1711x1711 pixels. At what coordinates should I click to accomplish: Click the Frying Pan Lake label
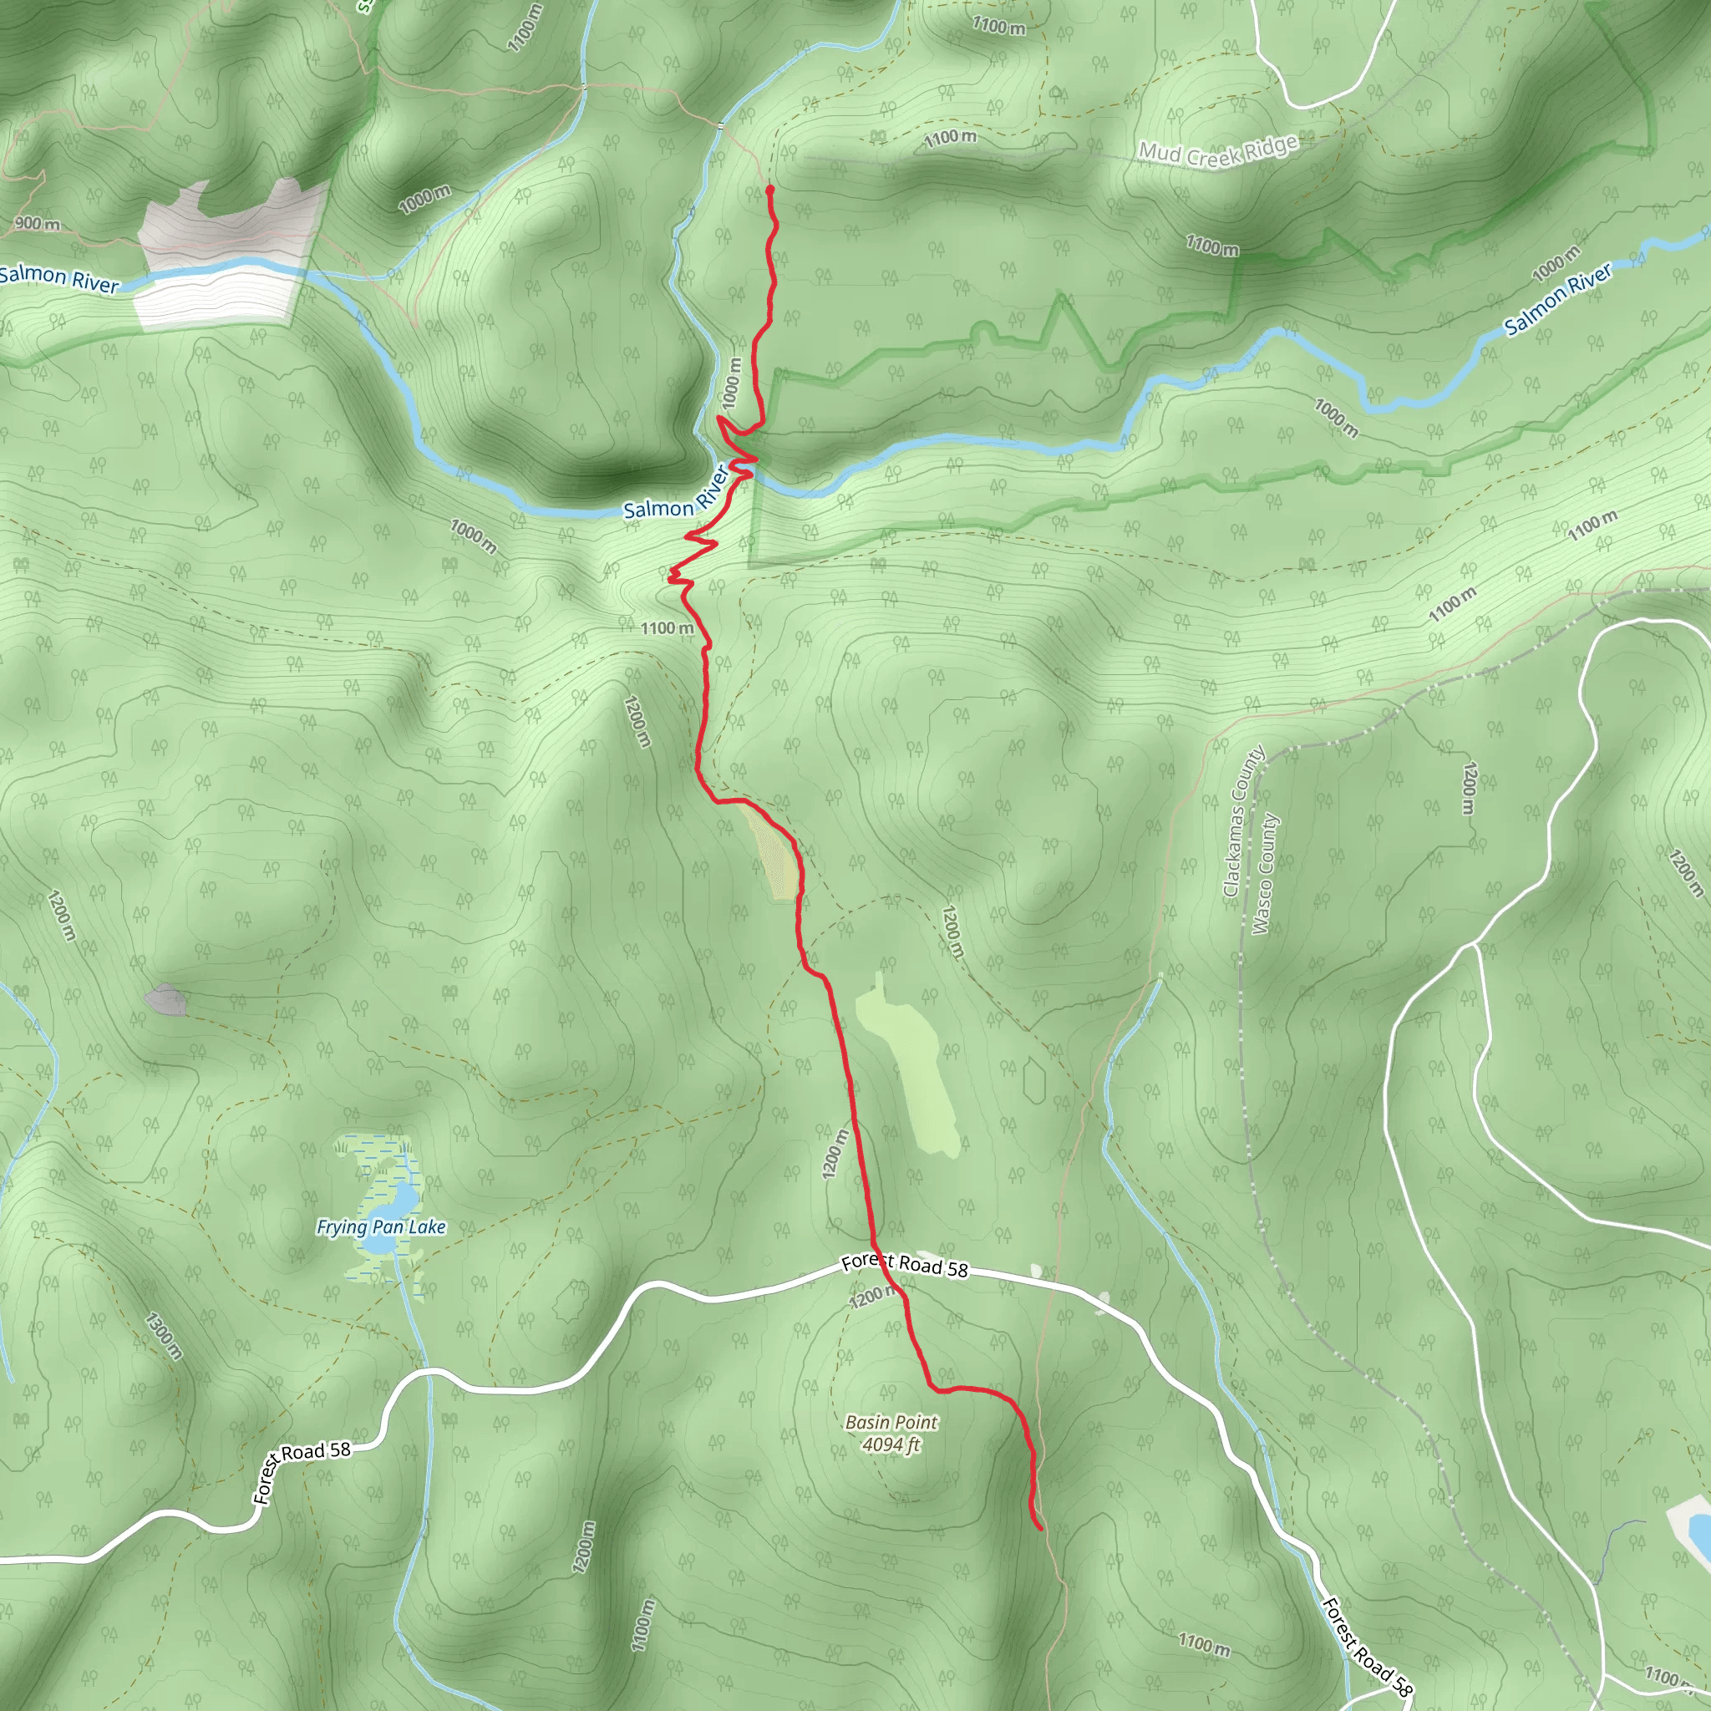tap(381, 1226)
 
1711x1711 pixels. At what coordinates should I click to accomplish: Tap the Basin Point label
tap(891, 1422)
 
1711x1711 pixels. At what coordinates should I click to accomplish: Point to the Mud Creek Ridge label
tap(1218, 150)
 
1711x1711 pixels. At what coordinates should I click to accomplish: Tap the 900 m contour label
tap(38, 223)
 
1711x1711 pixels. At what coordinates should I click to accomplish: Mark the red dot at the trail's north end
tap(769, 190)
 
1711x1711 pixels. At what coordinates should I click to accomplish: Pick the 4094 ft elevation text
tap(891, 1444)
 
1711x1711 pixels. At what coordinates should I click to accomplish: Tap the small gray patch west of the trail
tap(165, 1000)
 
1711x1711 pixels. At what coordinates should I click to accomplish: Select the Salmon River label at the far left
tap(58, 278)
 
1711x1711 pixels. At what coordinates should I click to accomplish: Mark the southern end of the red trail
tap(1038, 1528)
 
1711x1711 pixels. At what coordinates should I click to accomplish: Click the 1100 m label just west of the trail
tap(667, 628)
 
